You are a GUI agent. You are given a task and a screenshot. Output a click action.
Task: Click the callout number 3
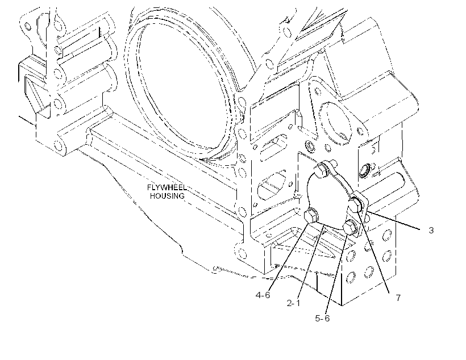click(x=431, y=230)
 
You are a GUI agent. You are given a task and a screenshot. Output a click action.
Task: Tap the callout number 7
click(x=398, y=298)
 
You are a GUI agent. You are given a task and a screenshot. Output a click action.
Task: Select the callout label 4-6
click(x=263, y=295)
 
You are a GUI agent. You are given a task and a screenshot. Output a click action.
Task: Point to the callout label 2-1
click(x=293, y=303)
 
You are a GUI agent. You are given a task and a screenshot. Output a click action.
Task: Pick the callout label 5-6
click(x=322, y=318)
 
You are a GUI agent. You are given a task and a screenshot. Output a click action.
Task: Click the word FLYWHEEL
click(x=167, y=187)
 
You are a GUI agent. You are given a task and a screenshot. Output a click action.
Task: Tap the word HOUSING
click(x=167, y=196)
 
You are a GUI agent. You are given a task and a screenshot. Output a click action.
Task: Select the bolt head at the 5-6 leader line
click(x=351, y=228)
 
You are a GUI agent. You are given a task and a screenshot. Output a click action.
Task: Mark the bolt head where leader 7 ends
click(x=356, y=205)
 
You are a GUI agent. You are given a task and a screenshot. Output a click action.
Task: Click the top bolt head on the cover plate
click(x=321, y=171)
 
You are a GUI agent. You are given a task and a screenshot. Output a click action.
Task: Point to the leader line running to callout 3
click(x=393, y=220)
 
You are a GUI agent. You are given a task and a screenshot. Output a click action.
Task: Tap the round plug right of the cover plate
click(x=364, y=171)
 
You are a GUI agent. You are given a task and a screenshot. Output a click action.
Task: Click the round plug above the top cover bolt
click(x=310, y=146)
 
